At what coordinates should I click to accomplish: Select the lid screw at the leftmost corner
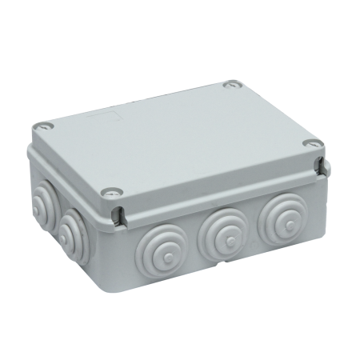click(43, 126)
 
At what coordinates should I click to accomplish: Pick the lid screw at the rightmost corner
click(314, 144)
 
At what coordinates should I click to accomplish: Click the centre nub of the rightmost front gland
click(282, 217)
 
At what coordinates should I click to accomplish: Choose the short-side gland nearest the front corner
click(73, 229)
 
